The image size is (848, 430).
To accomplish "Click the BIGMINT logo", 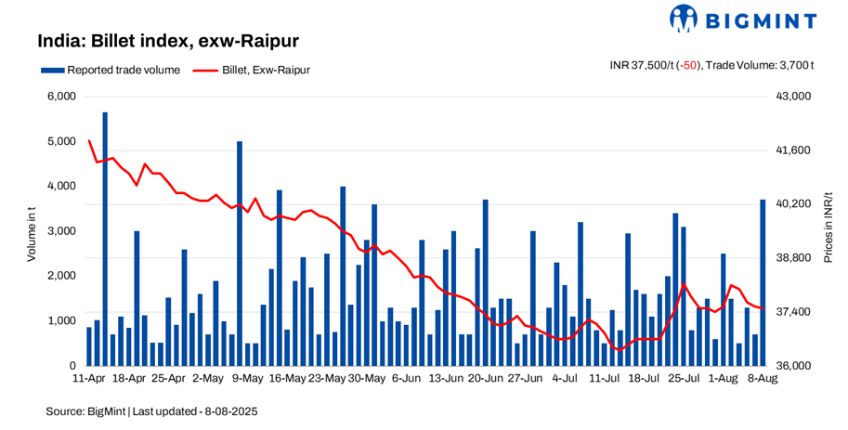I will (743, 19).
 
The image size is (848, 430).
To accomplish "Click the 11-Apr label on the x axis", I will (89, 379).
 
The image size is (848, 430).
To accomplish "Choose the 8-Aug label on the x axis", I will (763, 379).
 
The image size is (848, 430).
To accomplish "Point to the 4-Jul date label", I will (565, 379).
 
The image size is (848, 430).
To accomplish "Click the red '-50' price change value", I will (687, 65).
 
